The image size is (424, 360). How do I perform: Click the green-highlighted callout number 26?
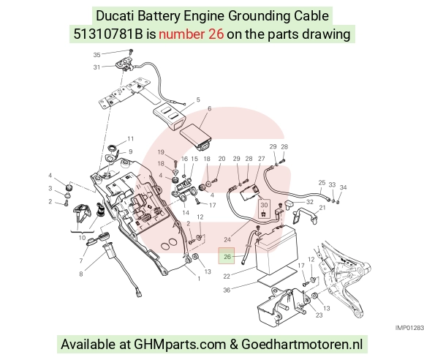point(227,256)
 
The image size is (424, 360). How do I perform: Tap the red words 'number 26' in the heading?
point(192,34)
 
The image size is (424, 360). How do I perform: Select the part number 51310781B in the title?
point(108,34)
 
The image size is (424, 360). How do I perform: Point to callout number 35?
point(96,55)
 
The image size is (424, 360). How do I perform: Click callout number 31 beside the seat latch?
point(96,67)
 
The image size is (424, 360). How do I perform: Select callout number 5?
point(198,100)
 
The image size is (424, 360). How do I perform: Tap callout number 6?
point(209,108)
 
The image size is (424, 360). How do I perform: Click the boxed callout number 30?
point(264,205)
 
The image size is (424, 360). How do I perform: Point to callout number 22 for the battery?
point(227,277)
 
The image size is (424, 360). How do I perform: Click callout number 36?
point(227,290)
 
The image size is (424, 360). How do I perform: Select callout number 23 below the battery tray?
point(319,315)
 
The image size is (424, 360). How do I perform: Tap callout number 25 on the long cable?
point(322,183)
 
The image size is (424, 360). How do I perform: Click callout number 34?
point(343,187)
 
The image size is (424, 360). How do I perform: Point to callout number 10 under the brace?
point(82,238)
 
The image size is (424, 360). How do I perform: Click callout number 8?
point(81,274)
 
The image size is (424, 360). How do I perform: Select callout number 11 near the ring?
point(131,138)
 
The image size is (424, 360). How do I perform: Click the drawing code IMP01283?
point(409,328)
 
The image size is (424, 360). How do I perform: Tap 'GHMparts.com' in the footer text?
point(180,345)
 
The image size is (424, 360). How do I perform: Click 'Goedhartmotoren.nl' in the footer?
point(302,345)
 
